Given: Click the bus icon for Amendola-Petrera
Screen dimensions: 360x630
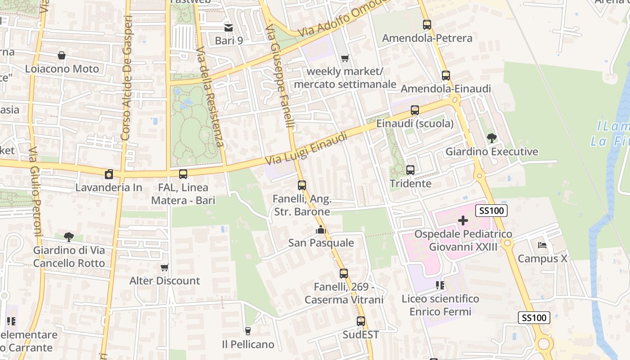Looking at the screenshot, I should tap(427, 25).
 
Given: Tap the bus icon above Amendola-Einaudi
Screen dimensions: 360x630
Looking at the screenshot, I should tap(446, 76).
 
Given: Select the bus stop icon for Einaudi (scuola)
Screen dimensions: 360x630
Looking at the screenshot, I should tap(415, 110).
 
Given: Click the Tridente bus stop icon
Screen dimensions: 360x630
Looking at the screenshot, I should tap(410, 170).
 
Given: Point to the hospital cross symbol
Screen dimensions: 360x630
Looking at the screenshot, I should tap(463, 220).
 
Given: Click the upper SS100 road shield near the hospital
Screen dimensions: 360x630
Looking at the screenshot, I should tap(492, 210).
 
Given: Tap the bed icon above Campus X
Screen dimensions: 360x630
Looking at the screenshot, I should tap(542, 245).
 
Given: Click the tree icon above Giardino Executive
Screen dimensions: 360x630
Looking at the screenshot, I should tap(491, 138).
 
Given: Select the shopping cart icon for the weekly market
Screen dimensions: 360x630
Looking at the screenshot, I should tap(345, 58).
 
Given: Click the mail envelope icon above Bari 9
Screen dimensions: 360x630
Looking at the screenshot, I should tap(229, 27).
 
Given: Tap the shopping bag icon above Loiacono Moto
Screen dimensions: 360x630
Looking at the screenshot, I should tap(62, 55).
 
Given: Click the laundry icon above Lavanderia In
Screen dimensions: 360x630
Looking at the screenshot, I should tap(108, 174).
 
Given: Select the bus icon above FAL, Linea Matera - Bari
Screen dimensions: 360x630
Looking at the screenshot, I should tap(183, 174).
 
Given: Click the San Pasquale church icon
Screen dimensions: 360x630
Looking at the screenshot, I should tap(321, 230).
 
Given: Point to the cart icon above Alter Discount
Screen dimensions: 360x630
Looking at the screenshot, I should tap(165, 267).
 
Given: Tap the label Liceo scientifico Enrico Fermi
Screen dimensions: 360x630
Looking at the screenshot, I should tap(440, 305).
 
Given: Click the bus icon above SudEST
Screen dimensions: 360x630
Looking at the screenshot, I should tap(361, 321).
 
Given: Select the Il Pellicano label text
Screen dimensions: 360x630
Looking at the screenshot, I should tap(248, 344).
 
